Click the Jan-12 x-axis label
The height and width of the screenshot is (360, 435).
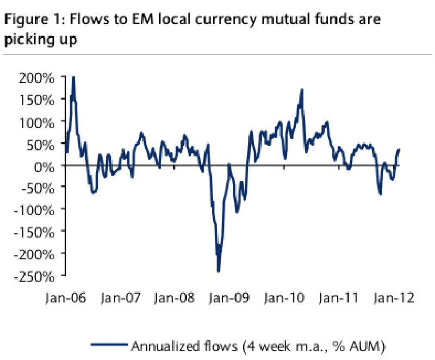click(392, 299)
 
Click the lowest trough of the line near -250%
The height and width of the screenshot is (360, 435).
click(219, 271)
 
